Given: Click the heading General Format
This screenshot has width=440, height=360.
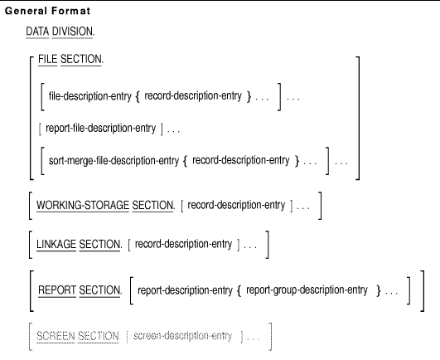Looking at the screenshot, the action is click(47, 11).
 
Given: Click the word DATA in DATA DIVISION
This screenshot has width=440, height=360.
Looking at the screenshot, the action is click(37, 32).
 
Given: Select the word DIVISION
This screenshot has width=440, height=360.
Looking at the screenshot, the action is click(72, 32).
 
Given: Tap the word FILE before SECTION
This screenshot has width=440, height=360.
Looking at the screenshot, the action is click(48, 59).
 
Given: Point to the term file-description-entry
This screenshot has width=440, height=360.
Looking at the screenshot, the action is click(90, 96).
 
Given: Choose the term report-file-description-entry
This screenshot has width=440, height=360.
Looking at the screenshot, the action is click(101, 129).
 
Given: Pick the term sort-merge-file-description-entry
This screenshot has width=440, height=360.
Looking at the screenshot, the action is click(114, 161).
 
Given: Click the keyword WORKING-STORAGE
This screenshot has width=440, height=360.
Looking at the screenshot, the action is click(83, 205).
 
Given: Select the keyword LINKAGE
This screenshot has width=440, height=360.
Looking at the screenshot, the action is click(56, 245).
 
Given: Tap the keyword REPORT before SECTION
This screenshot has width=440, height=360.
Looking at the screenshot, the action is click(57, 290).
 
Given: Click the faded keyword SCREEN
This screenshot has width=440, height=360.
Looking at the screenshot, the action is click(56, 336).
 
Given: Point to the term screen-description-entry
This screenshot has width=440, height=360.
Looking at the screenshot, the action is click(182, 336).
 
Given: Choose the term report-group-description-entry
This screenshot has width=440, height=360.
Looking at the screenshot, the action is click(307, 289).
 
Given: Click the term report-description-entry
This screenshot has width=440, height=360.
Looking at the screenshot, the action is click(186, 290).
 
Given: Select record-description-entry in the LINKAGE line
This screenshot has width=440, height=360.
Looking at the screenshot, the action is click(183, 244).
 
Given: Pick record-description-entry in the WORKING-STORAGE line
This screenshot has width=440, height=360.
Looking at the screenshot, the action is click(236, 205).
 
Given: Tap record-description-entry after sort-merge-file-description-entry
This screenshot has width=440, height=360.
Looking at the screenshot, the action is click(241, 160).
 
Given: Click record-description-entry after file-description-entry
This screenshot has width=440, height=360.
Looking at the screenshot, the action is click(193, 96).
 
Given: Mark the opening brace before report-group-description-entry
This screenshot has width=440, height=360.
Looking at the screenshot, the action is click(239, 291).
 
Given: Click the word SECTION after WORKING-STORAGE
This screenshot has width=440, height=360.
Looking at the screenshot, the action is click(153, 205).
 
